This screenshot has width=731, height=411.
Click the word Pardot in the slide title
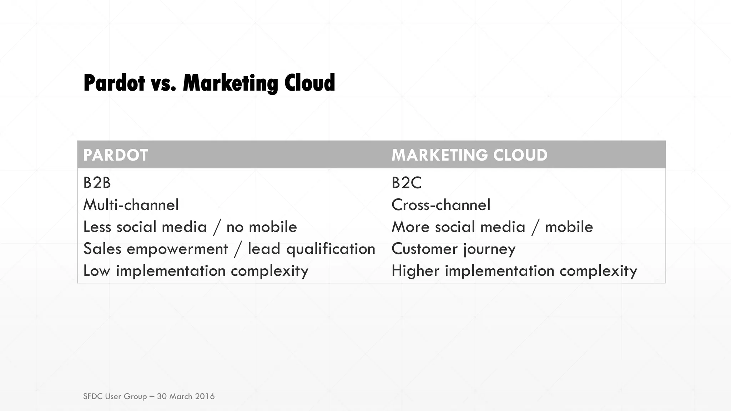(114, 83)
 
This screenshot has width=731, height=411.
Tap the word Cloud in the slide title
(309, 83)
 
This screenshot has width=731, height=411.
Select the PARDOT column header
(116, 155)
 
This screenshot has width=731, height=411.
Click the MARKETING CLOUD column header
(469, 155)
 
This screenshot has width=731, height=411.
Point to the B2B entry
(97, 183)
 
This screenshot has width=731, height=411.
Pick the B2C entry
(407, 183)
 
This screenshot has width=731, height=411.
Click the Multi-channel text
(131, 205)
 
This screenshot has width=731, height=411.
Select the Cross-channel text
(441, 205)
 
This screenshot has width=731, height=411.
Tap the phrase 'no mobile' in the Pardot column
(262, 227)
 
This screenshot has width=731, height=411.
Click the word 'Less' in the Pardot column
(97, 227)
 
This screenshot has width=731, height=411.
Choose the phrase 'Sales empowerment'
(155, 249)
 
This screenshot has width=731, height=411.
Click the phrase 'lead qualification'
(311, 249)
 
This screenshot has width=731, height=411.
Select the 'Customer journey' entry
(453, 249)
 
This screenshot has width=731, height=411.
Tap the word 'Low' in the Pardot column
(97, 271)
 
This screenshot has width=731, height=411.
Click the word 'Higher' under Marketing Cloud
(415, 271)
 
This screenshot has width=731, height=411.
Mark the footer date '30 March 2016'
(186, 396)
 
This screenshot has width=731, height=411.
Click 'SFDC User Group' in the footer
(115, 396)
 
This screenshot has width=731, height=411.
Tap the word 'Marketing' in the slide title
(230, 83)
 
